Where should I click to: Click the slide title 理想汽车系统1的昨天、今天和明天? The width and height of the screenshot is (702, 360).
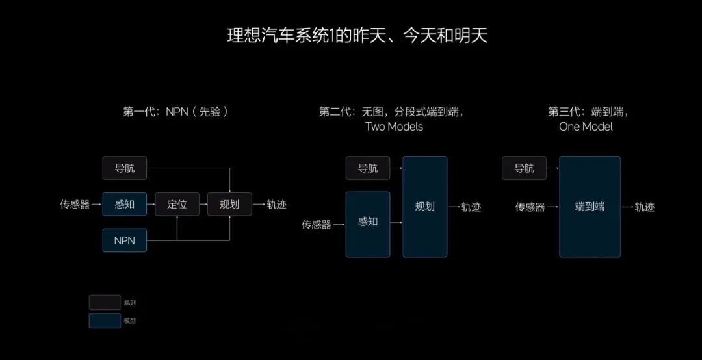click(357, 36)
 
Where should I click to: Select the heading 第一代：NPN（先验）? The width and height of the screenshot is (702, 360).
click(176, 112)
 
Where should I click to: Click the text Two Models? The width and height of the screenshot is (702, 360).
click(394, 127)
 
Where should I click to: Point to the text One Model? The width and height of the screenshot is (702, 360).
click(586, 127)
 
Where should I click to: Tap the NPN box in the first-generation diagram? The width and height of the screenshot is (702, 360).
click(124, 240)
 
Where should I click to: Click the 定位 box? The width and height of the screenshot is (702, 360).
click(177, 204)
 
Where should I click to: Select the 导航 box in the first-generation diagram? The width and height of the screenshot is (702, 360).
click(124, 168)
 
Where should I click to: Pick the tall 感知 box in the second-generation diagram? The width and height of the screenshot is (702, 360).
click(367, 224)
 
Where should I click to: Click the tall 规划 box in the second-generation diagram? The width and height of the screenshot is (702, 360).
click(425, 207)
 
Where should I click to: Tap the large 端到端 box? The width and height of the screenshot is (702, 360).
click(590, 207)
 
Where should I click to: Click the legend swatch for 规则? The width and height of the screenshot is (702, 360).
click(105, 303)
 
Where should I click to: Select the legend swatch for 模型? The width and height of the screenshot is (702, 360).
click(105, 320)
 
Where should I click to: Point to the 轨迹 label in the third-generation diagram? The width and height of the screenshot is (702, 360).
click(645, 207)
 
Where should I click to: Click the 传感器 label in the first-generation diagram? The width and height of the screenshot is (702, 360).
click(75, 205)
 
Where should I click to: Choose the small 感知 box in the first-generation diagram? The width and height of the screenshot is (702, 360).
click(124, 204)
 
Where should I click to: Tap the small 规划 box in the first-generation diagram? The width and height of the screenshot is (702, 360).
click(229, 204)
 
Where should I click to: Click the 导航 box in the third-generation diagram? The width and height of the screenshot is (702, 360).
click(524, 168)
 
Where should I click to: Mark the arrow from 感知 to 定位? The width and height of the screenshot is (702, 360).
click(150, 204)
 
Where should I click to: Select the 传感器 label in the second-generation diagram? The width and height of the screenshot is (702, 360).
click(317, 225)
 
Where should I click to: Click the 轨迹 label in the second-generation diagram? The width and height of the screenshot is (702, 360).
click(471, 207)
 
